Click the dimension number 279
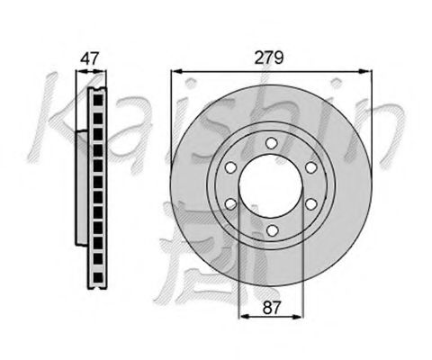click(269, 58)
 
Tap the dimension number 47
click(89, 58)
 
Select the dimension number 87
click(271, 308)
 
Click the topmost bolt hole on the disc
click(272, 143)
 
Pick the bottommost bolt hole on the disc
click(272, 230)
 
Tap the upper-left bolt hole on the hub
click(230, 167)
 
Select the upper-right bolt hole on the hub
click(311, 167)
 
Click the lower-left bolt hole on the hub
click(230, 204)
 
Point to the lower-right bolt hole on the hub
click(311, 204)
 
